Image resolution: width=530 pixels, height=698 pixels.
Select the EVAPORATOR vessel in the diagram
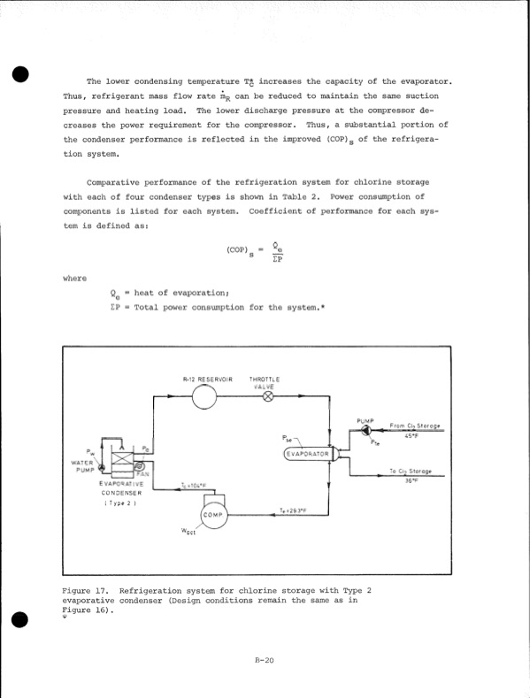(306, 455)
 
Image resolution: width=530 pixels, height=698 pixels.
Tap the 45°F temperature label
(410, 436)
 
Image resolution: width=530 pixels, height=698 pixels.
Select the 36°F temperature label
(410, 481)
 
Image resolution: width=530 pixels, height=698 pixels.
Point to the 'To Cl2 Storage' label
(411, 472)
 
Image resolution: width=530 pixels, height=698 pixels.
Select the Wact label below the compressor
(188, 532)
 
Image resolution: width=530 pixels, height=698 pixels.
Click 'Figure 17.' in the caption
(84, 589)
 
